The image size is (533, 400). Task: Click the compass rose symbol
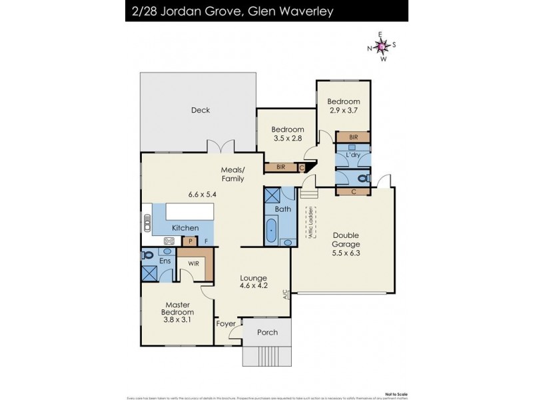point(381,46)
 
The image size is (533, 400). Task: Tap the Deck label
point(200,111)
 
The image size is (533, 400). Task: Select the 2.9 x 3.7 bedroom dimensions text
point(343,109)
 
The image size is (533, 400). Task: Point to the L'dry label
point(353,155)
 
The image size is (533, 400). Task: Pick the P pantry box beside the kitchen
point(191,241)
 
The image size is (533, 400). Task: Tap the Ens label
point(165,261)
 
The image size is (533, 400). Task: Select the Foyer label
point(226,324)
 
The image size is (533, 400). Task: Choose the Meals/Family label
point(233,174)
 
